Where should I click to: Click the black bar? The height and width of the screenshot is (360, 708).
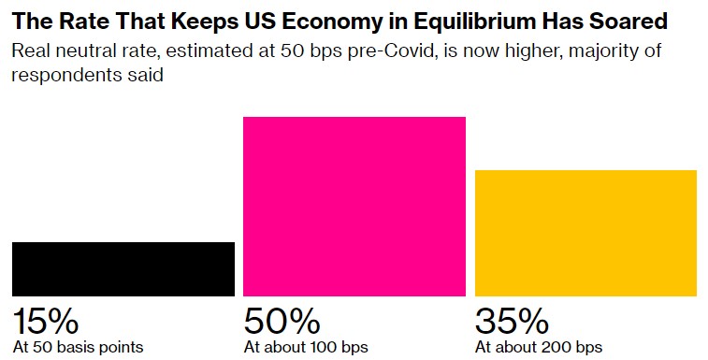pos(123,269)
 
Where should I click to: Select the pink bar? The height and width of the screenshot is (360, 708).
pos(354,207)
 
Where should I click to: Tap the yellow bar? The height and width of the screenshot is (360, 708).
pos(585,233)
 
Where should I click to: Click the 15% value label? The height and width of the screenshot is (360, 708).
pos(46,321)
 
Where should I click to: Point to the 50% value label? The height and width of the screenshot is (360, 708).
pos(282,321)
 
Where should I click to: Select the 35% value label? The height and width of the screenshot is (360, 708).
pos(512,321)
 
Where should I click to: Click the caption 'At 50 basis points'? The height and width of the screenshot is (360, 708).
pos(79,347)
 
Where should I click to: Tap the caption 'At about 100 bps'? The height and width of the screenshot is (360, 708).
pos(306,347)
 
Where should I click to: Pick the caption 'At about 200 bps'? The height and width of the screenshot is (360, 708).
pos(539,347)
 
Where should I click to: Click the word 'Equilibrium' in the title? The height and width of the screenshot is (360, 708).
pos(474,22)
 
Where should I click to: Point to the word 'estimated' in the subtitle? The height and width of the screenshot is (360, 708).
pos(208,50)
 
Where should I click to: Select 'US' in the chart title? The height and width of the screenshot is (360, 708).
pos(266,22)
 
